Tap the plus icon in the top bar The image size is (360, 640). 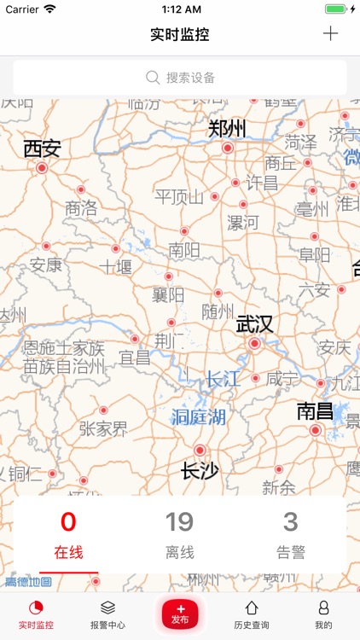tap(331, 34)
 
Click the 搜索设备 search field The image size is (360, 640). tap(180, 78)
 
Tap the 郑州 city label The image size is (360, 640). tap(227, 129)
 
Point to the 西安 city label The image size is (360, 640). tap(42, 148)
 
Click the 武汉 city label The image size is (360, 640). tap(254, 324)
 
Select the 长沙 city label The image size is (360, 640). tap(200, 469)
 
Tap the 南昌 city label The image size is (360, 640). tap(315, 411)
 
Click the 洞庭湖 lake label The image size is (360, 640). tap(199, 417)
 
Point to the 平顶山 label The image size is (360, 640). tap(179, 197)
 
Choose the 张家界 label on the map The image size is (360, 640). tap(103, 428)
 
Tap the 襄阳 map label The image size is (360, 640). tap(168, 295)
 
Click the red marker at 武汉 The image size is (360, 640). tap(254, 343)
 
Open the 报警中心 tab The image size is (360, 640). tap(107, 614)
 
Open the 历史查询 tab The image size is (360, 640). tap(252, 614)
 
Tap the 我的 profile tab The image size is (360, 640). tap(323, 614)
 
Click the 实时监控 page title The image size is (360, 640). tap(179, 35)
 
